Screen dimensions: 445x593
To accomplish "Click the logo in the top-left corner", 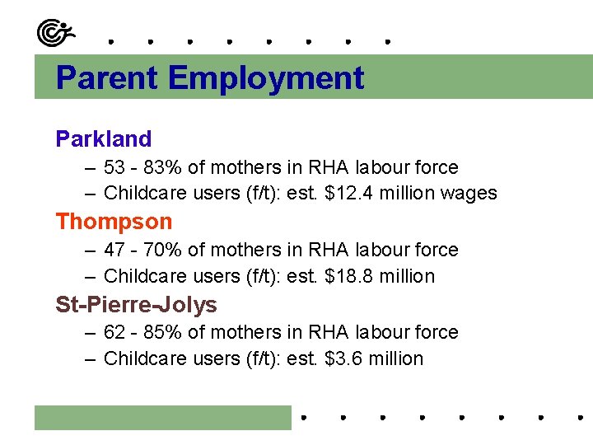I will [x=55, y=32].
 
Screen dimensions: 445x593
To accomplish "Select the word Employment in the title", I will [x=266, y=78].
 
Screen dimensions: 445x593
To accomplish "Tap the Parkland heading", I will [x=104, y=139].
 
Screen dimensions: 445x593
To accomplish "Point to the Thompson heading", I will [x=114, y=222].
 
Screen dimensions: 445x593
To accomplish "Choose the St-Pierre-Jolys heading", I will [x=136, y=305].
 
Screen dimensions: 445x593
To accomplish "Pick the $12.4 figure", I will [x=349, y=194].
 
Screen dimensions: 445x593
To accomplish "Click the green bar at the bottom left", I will [x=163, y=417].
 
